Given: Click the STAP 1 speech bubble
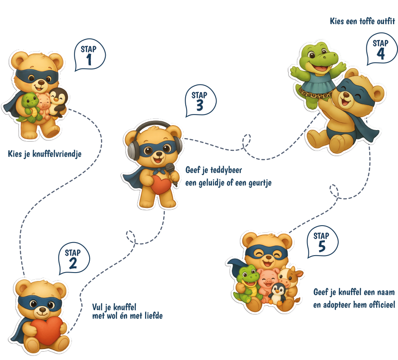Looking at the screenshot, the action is point(89,55).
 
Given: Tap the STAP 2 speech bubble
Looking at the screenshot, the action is point(74,259).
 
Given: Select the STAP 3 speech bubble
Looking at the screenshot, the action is point(200,101).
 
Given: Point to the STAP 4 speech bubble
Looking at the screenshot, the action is point(382,49).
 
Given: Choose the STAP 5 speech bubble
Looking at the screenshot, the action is point(322,242).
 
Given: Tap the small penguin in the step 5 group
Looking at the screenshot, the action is point(277,294).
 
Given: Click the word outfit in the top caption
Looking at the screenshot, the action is point(386,21).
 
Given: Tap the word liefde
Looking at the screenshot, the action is point(154,316).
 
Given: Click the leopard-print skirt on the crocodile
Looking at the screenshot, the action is point(316,94).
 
